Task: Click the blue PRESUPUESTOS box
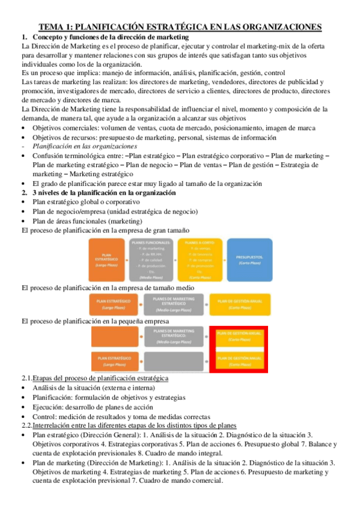click(247, 260)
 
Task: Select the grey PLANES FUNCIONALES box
click(150, 260)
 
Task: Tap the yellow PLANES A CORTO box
click(200, 260)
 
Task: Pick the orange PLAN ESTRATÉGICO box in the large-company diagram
click(107, 260)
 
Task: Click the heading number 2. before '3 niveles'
click(25, 192)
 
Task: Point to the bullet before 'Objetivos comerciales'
click(23, 128)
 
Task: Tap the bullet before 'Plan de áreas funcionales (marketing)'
click(23, 221)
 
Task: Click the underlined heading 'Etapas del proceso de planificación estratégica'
click(100, 378)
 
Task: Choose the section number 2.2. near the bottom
click(28, 424)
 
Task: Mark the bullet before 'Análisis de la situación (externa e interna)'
click(23, 387)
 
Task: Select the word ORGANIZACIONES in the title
click(275, 26)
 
